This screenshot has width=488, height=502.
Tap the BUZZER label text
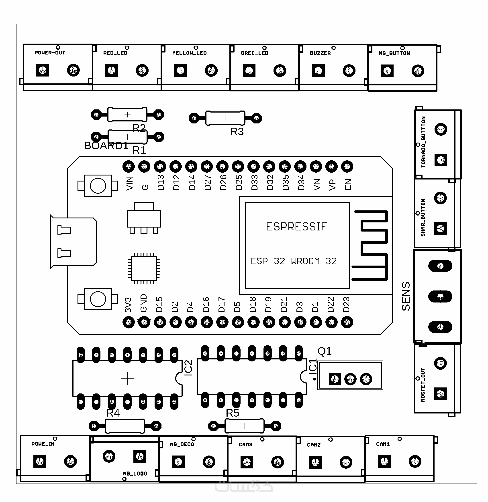pyautogui.click(x=320, y=53)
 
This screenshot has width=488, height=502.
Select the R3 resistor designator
pyautogui.click(x=237, y=132)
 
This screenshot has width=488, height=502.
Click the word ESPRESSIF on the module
pyautogui.click(x=296, y=227)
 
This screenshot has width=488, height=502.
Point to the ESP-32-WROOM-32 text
pyautogui.click(x=294, y=261)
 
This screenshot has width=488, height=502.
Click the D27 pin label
pyautogui.click(x=208, y=182)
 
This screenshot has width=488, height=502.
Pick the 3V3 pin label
pyautogui.click(x=128, y=305)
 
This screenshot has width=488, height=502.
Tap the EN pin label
pyautogui.click(x=348, y=184)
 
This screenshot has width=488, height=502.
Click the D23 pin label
pyautogui.click(x=346, y=304)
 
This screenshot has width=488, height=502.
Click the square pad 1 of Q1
pyautogui.click(x=335, y=379)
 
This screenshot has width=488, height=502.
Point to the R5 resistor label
pyautogui.click(x=232, y=413)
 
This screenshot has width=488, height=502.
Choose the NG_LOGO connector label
pyautogui.click(x=135, y=474)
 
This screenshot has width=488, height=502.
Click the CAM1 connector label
pyautogui.click(x=383, y=444)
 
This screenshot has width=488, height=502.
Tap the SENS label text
pyautogui.click(x=406, y=296)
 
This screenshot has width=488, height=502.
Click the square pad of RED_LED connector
pyautogui.click(x=111, y=71)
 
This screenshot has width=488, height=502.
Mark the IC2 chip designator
pyautogui.click(x=188, y=368)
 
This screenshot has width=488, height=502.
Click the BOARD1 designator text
pyautogui.click(x=106, y=146)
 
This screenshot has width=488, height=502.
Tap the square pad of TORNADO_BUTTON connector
pyautogui.click(x=441, y=160)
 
